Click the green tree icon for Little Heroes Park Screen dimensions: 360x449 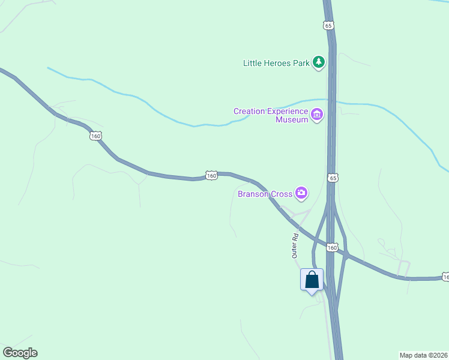click(x=318, y=62)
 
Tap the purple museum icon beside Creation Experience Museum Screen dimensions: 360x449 click(x=316, y=113)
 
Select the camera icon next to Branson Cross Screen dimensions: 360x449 click(x=301, y=193)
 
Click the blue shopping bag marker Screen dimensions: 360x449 click(x=312, y=280)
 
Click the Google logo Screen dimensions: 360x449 click(x=20, y=353)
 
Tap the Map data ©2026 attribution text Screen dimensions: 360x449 click(x=424, y=355)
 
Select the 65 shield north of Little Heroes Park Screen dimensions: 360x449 click(x=327, y=25)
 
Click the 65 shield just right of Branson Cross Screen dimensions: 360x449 click(x=333, y=178)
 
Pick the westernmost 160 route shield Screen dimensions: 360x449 click(x=96, y=136)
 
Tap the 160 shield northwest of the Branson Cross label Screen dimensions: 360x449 click(x=211, y=175)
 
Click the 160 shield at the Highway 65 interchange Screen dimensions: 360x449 click(x=333, y=247)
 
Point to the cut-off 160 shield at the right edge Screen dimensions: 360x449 click(x=445, y=277)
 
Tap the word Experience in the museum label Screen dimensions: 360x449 click(x=286, y=111)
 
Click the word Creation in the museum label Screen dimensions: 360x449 click(x=249, y=111)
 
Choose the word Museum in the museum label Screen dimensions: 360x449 click(x=292, y=119)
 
